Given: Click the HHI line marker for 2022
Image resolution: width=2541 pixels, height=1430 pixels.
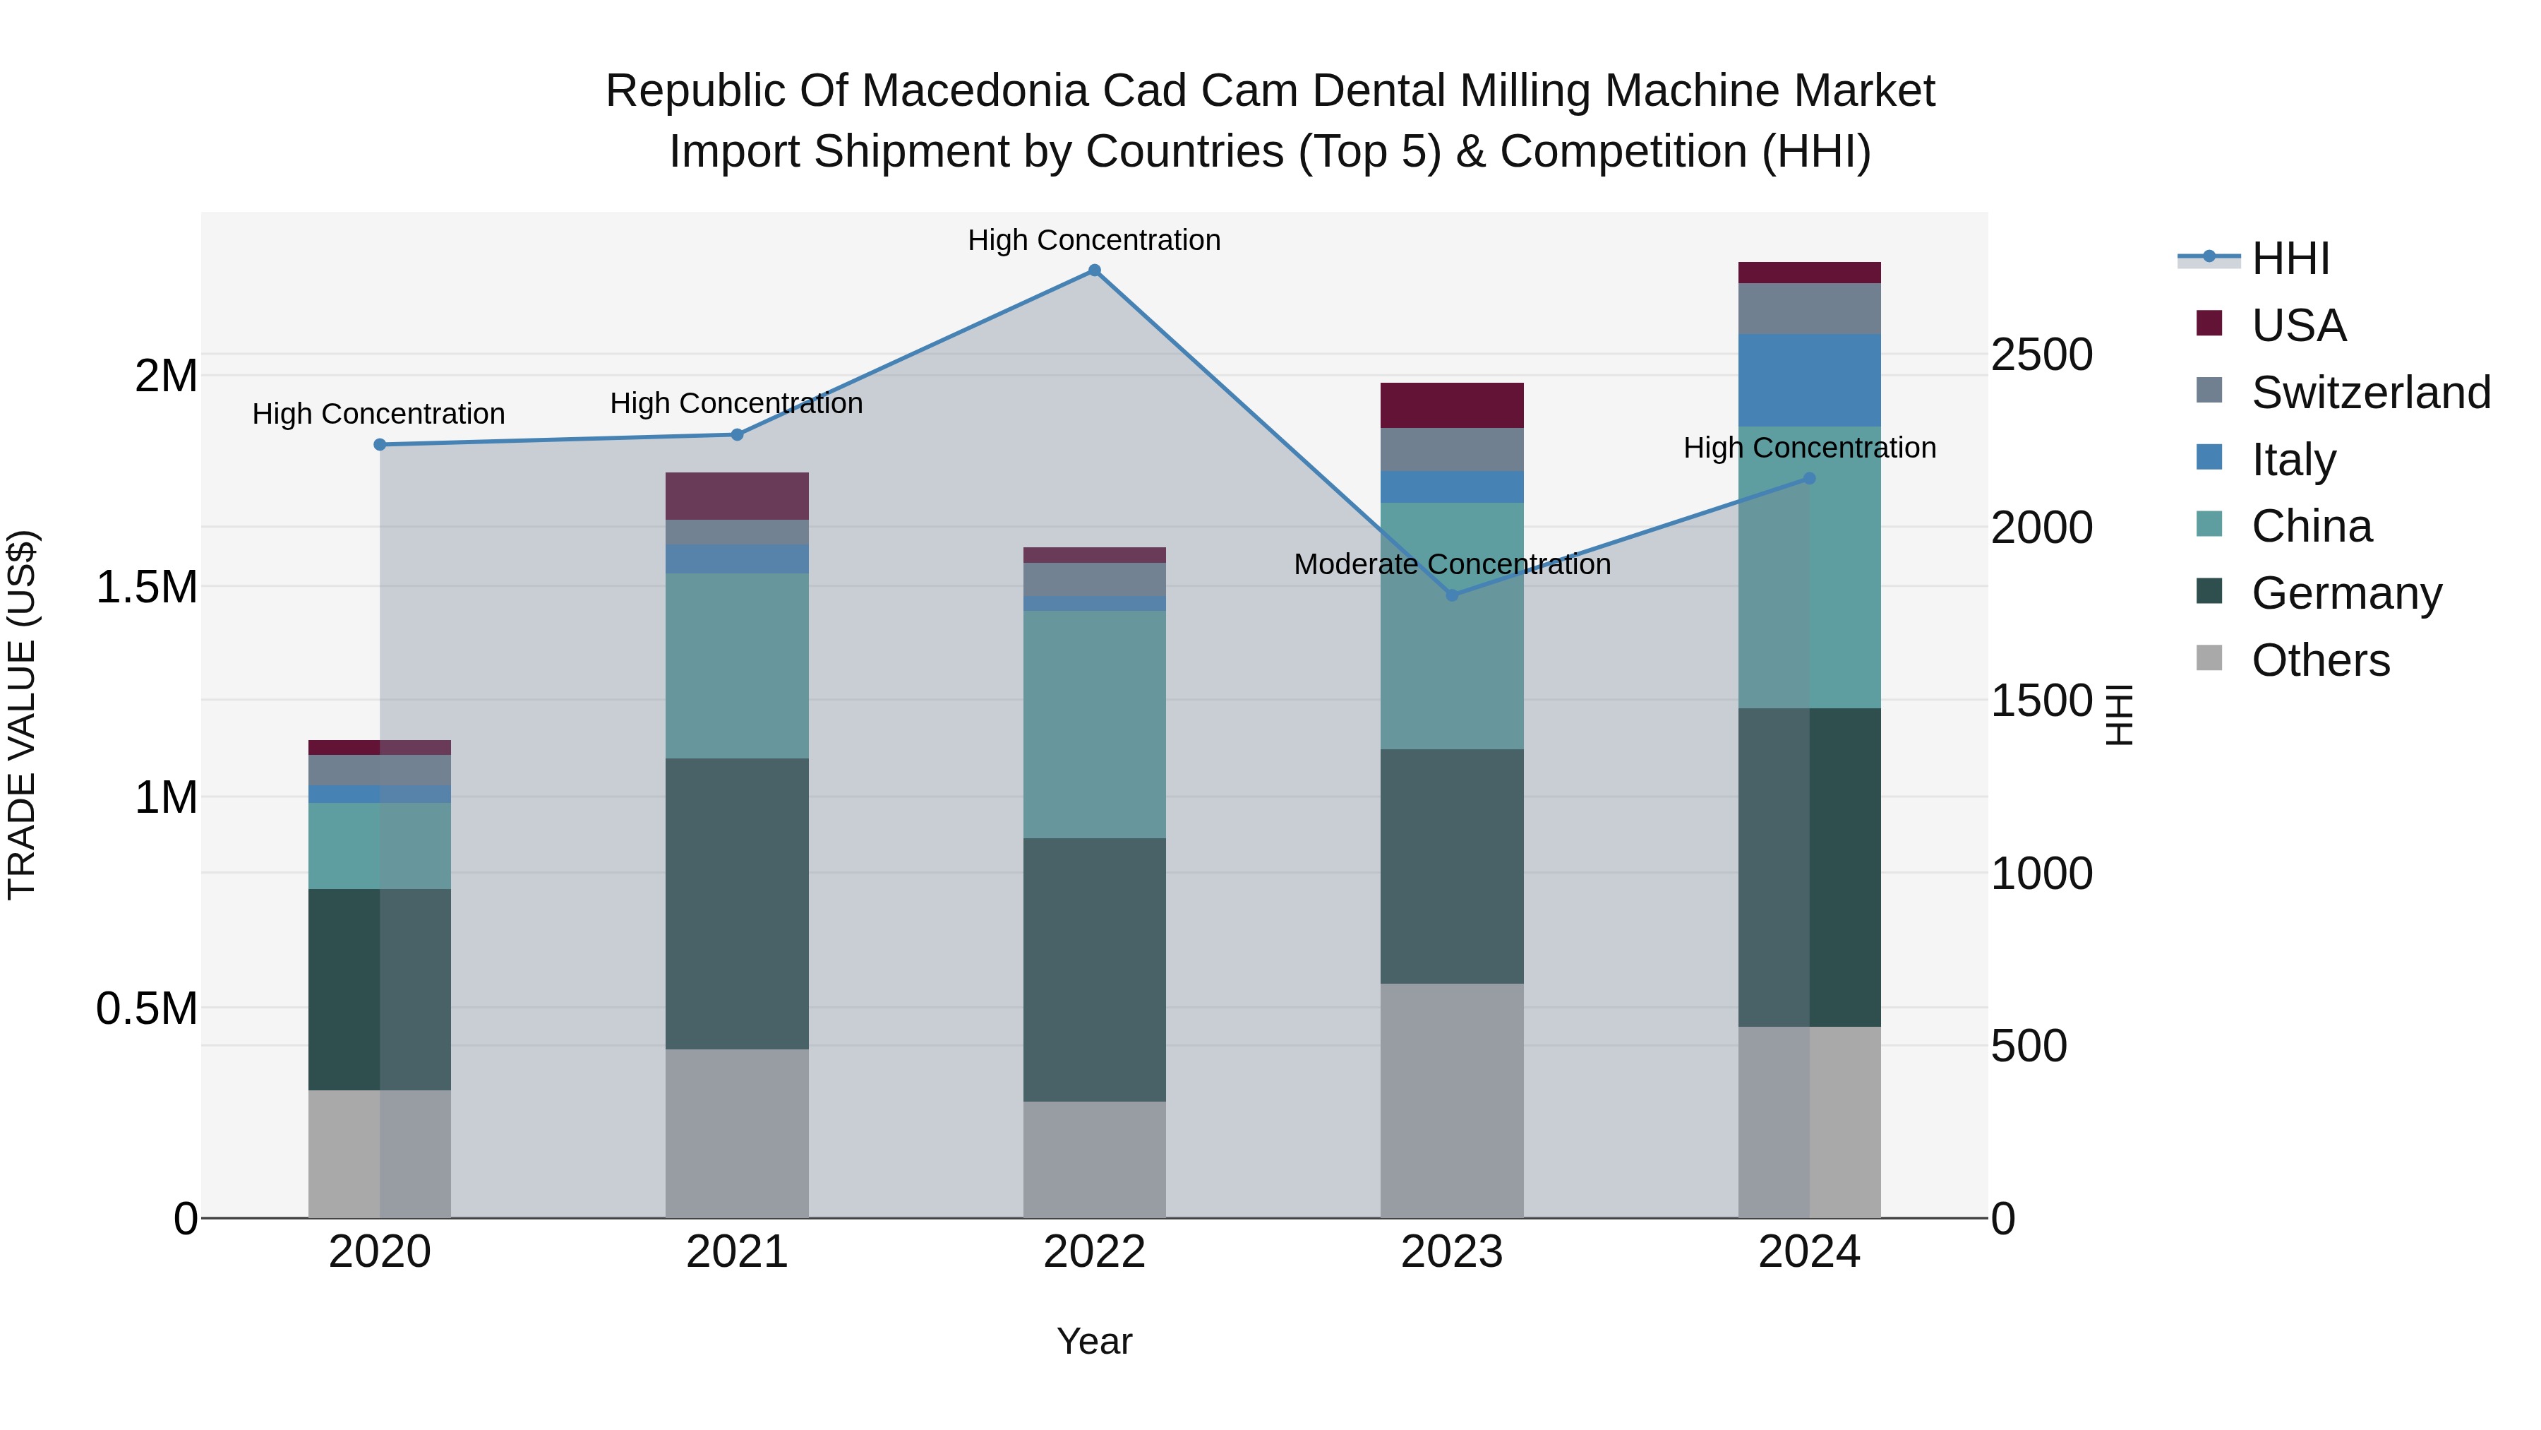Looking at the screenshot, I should click(1094, 270).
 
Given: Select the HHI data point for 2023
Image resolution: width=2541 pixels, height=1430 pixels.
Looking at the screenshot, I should click(1451, 595).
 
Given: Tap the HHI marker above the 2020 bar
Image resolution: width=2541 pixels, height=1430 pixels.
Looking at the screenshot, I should click(380, 445).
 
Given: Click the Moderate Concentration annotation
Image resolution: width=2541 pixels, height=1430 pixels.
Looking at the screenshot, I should click(1451, 564).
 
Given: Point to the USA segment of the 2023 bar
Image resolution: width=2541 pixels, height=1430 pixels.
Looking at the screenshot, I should click(1451, 405).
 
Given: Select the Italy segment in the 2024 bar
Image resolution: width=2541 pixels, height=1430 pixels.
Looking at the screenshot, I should click(1808, 380).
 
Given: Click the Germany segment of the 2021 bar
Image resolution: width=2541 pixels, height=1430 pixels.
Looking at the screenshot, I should click(737, 903).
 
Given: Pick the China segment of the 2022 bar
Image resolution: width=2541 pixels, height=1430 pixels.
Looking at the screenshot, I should click(1094, 725).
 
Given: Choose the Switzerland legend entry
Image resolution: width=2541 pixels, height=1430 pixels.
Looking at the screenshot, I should click(2370, 393).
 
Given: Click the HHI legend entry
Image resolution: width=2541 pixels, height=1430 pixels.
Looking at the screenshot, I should click(2290, 258).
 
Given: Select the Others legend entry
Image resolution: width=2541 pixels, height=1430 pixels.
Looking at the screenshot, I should click(2320, 660).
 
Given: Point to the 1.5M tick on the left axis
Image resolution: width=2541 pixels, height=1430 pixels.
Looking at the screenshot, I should click(147, 588).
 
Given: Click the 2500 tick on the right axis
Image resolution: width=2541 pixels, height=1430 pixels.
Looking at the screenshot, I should click(2041, 355).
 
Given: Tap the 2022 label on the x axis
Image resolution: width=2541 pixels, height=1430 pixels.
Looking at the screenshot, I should click(1094, 1252).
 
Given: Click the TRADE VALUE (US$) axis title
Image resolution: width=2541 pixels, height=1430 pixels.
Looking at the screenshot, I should click(22, 715).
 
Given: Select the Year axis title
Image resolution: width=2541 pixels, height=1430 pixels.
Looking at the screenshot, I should click(1094, 1341).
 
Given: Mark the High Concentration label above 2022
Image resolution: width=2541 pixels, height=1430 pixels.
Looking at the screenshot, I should click(1094, 240).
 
